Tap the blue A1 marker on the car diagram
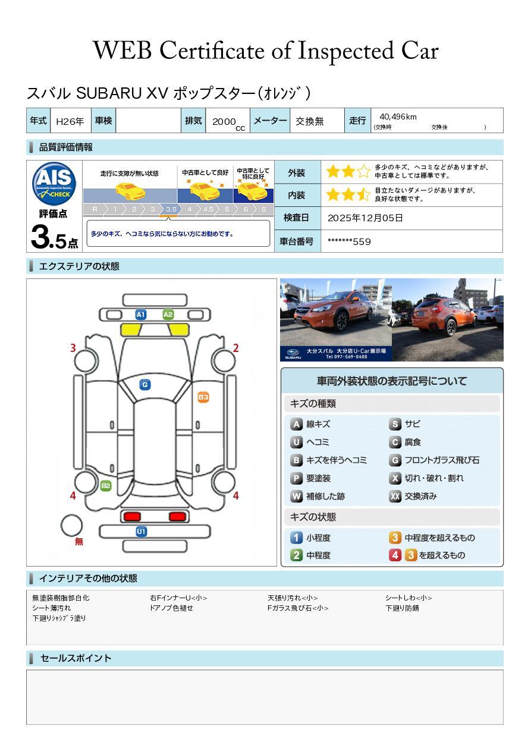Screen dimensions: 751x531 (x=141, y=315)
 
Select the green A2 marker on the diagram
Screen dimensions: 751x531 (x=168, y=315)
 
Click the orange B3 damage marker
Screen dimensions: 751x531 (x=203, y=397)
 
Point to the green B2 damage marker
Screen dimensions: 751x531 (x=106, y=486)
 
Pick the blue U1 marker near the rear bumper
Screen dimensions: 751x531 (x=142, y=531)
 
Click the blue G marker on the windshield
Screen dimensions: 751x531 (x=144, y=385)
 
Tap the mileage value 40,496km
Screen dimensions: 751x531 (x=398, y=117)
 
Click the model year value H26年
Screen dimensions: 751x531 (x=70, y=121)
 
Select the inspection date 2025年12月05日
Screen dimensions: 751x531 (x=365, y=218)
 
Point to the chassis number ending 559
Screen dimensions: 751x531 (x=349, y=241)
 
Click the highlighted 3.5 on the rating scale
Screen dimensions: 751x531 (x=171, y=209)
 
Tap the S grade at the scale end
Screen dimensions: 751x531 (x=263, y=209)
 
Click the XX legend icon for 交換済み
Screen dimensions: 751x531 (x=395, y=496)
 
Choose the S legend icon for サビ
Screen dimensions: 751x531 (x=395, y=424)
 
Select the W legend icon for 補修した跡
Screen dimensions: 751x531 (x=297, y=496)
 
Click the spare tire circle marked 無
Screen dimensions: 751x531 (x=72, y=526)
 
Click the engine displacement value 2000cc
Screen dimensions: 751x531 (x=228, y=122)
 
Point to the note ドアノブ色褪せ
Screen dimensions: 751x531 (x=171, y=608)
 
